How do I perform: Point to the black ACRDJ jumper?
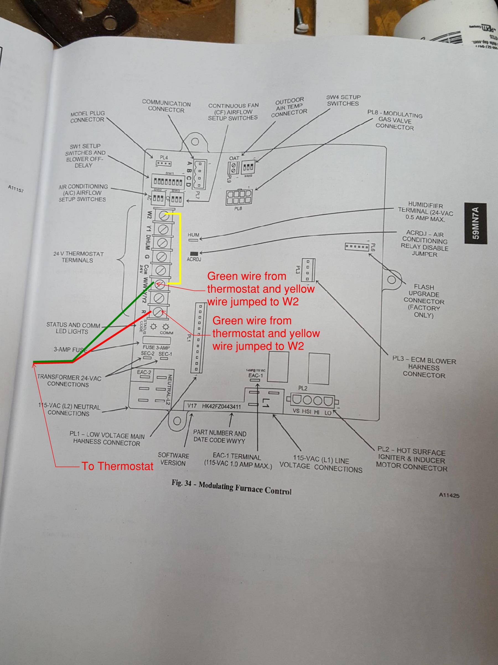(x=194, y=253)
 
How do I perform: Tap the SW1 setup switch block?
(x=168, y=181)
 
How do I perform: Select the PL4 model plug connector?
(x=164, y=163)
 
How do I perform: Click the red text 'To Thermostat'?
(x=117, y=466)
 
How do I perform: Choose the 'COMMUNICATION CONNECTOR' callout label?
(x=166, y=107)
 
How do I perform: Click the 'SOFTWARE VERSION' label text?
(x=173, y=459)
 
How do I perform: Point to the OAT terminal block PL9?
(x=234, y=167)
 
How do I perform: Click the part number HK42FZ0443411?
(x=221, y=406)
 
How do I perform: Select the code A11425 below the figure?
(x=449, y=495)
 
